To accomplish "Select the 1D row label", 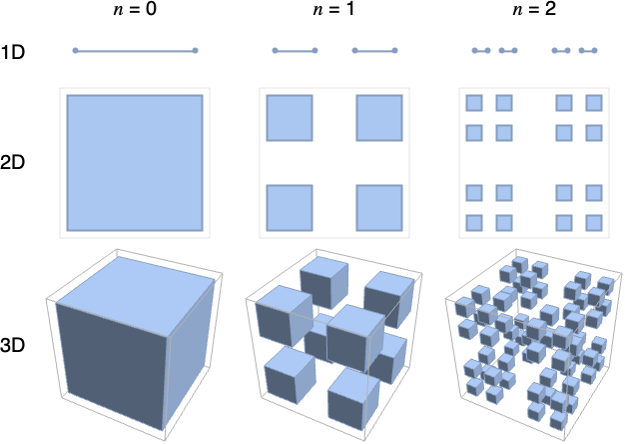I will pyautogui.click(x=15, y=51).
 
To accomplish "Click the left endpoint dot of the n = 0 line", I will pyautogui.click(x=75, y=51).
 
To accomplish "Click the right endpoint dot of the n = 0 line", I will pyautogui.click(x=196, y=51).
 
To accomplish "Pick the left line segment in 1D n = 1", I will pyautogui.click(x=295, y=51).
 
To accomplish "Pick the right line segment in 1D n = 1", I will pyautogui.click(x=375, y=51).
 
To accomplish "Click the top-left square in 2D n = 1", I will pyautogui.click(x=290, y=118).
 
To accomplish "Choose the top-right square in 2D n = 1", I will pyautogui.click(x=380, y=118).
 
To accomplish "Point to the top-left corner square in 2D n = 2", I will pyautogui.click(x=474, y=103).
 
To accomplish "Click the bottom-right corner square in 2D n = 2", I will pyautogui.click(x=594, y=222).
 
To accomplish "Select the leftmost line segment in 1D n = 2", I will pyautogui.click(x=481, y=51).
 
